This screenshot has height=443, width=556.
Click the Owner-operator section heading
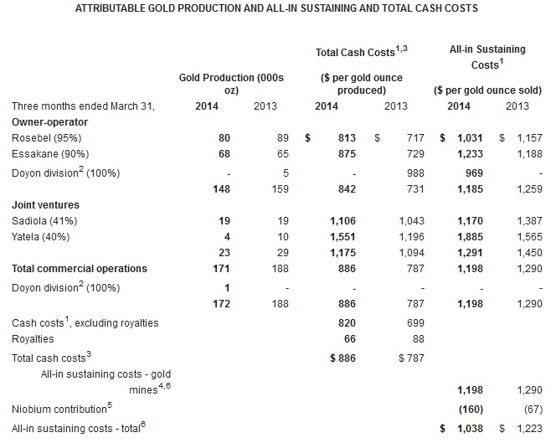[49, 121]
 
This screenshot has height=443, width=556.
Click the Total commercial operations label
[80, 269]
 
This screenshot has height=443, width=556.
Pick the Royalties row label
[33, 339]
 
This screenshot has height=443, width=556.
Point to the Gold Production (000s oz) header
[232, 84]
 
